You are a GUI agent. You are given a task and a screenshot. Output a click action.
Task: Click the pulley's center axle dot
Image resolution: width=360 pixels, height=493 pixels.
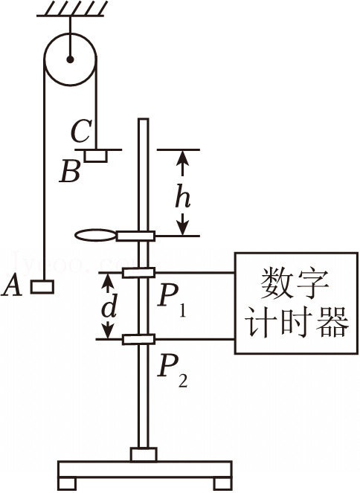70,59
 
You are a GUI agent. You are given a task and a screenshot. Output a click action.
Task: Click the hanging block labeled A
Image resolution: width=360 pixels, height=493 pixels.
42,287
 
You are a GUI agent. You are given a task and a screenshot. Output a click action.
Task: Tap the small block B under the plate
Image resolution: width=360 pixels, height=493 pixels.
96,156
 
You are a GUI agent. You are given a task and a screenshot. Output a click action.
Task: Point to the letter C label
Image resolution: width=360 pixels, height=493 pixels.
81,131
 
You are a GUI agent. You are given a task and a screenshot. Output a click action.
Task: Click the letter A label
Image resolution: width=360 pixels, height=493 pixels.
12,286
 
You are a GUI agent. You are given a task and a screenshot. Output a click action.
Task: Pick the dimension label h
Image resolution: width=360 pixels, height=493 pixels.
183,196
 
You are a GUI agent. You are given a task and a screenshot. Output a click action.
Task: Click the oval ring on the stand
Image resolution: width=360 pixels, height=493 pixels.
96,235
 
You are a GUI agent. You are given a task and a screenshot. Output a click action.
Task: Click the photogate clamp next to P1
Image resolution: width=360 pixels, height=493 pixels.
138,273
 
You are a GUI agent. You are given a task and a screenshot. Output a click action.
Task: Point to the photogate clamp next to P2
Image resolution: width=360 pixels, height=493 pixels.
138,340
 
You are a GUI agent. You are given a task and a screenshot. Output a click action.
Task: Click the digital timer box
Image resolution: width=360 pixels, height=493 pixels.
296,303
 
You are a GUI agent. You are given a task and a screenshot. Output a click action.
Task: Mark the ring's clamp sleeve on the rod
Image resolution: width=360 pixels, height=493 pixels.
135,236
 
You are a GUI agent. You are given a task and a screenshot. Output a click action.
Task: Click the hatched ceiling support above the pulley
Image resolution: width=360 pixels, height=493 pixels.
71,9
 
